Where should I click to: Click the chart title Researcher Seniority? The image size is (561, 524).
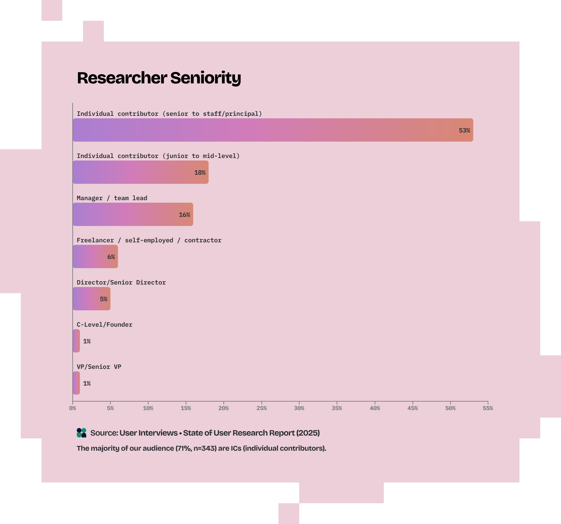click(159, 78)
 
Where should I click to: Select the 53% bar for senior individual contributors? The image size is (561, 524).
click(272, 130)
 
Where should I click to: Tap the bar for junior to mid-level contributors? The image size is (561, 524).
click(140, 172)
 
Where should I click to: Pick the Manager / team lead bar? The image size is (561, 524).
click(133, 214)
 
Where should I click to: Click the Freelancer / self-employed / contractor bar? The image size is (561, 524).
click(95, 256)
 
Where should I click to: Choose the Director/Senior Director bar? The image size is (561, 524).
click(91, 299)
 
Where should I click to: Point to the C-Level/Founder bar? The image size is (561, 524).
click(76, 341)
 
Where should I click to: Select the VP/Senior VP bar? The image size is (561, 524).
click(76, 383)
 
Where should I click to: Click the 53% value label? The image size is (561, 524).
click(464, 130)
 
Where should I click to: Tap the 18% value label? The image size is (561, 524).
click(200, 172)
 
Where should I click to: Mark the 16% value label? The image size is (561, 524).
click(184, 215)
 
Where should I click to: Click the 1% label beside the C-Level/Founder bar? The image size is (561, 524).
click(87, 341)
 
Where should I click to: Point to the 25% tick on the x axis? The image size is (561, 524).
click(261, 408)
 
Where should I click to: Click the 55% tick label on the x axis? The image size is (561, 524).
click(488, 408)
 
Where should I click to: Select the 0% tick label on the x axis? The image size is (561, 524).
click(73, 408)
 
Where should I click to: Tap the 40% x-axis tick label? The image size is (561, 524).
click(375, 408)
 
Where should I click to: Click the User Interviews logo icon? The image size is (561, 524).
click(81, 433)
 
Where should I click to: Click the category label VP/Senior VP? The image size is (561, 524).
click(99, 367)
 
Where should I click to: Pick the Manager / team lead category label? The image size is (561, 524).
click(112, 198)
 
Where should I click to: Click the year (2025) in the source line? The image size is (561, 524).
click(308, 433)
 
